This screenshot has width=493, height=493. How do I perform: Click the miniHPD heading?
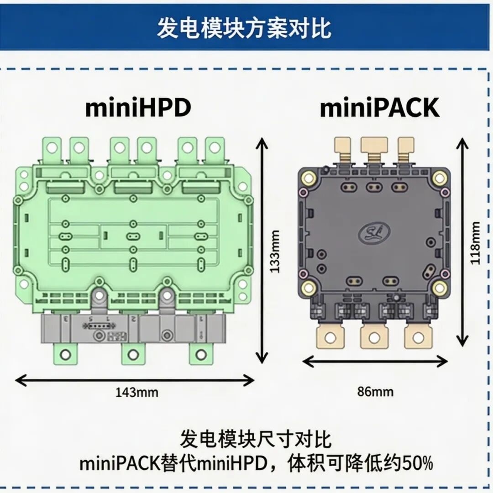(138, 108)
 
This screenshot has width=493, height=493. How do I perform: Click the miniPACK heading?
(379, 108)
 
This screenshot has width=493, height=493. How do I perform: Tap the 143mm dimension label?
(137, 393)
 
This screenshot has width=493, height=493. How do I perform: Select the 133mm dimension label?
(275, 252)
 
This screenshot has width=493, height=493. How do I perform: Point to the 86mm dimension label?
(375, 392)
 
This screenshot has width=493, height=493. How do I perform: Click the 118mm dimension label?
(475, 243)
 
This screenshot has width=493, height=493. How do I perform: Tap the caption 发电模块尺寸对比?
(256, 439)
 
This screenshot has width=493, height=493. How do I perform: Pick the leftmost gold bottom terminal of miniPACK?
(330, 336)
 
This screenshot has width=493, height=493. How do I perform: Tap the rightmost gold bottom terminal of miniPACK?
(418, 337)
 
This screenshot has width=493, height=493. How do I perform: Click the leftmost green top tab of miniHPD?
(52, 149)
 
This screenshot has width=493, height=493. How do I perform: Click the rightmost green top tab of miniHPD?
(215, 149)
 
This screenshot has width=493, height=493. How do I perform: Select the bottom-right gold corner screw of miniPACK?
(439, 287)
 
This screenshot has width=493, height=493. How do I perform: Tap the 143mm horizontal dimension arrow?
(135, 381)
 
